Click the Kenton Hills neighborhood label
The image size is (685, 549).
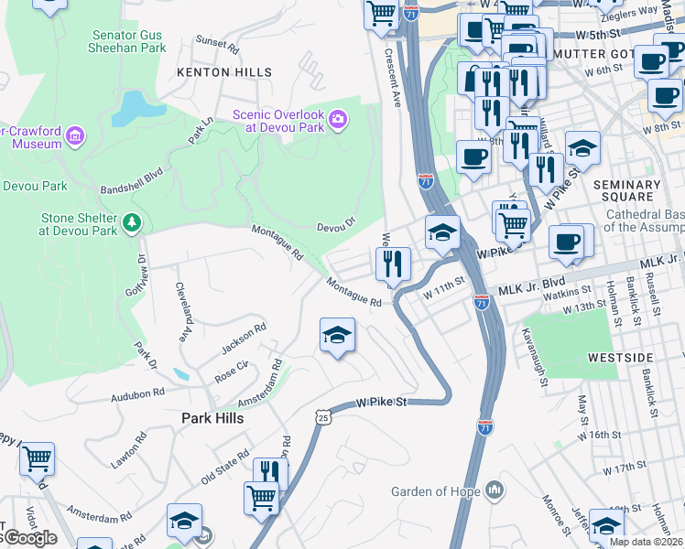(224, 71)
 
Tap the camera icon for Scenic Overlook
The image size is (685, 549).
(338, 118)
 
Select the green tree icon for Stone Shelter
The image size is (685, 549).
(132, 221)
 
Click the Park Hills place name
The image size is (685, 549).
(206, 417)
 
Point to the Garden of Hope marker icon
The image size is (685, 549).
(495, 491)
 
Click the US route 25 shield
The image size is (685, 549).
(322, 417)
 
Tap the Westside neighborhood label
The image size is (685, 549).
(620, 357)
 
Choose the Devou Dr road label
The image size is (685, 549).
(335, 225)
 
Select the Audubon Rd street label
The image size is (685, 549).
(136, 392)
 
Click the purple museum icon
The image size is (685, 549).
(75, 137)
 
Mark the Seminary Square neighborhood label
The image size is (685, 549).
(626, 191)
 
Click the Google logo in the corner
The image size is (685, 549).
(29, 538)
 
